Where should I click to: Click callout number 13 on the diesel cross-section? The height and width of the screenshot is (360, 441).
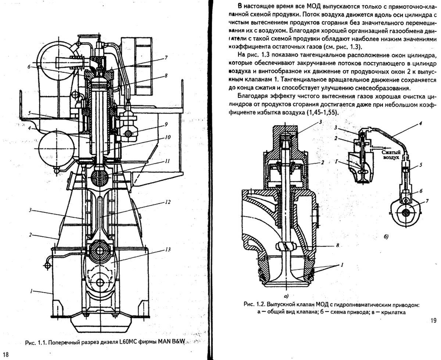point(168,249)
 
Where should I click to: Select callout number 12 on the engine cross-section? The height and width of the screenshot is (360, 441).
point(167,202)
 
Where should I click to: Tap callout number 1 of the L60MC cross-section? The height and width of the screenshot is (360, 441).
point(32,291)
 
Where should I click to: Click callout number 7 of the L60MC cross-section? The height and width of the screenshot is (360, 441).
point(166,57)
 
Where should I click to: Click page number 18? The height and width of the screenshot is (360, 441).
point(7,354)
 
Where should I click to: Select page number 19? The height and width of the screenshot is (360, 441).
point(432,320)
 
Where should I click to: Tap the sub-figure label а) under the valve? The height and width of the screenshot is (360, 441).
point(286,295)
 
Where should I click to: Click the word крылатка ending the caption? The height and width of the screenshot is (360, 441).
point(392,313)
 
